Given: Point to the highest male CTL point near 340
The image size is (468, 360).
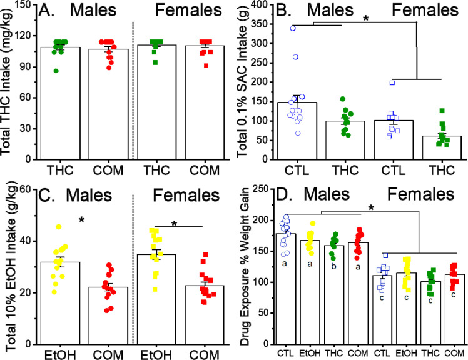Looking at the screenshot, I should (x=275, y=28).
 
